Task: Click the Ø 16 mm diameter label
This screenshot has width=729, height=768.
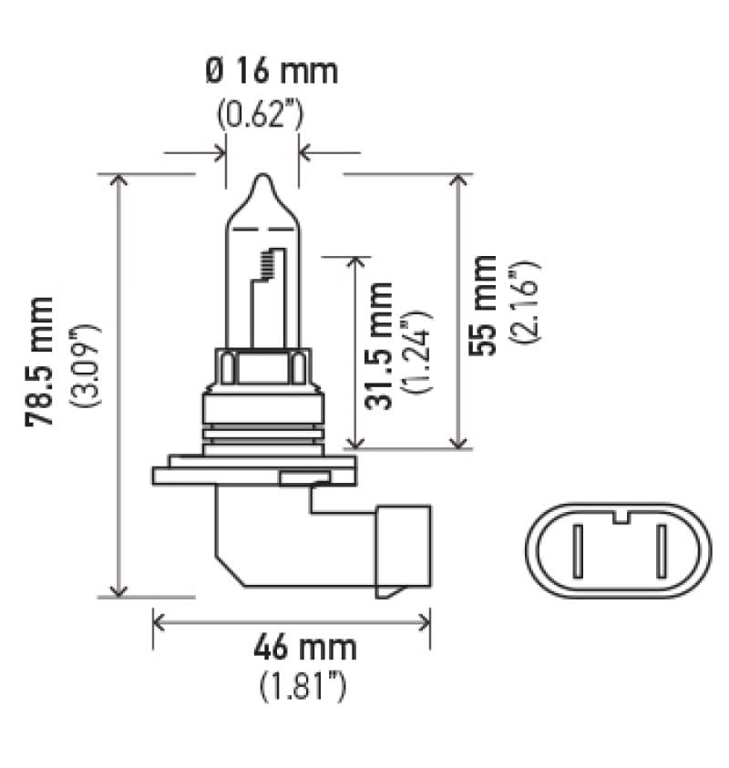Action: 272,71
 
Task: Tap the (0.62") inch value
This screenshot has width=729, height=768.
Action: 260,114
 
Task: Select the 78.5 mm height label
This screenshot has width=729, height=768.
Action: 39,361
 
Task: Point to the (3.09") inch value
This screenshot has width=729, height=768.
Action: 87,365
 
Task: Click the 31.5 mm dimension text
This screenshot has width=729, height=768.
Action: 378,346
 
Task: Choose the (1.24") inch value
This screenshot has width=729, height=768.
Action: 417,352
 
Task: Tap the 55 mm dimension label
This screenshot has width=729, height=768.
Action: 482,305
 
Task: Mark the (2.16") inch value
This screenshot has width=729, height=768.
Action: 524,302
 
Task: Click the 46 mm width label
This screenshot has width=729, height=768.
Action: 304,647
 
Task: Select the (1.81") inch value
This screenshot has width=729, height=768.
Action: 303,688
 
